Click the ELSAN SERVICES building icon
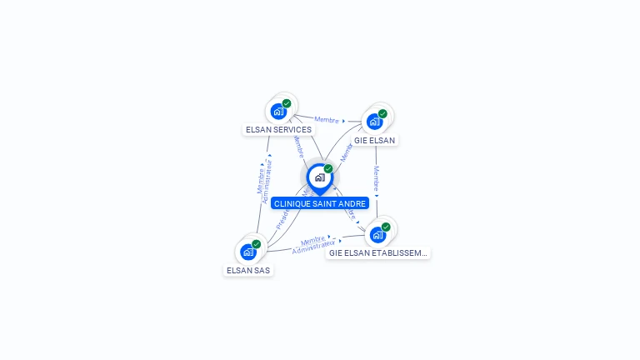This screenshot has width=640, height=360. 278,112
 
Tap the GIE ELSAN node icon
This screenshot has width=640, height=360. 374,122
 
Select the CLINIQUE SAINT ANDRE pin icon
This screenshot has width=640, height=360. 319,177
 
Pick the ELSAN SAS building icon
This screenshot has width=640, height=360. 248,252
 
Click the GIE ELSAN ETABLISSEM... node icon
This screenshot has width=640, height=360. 377,234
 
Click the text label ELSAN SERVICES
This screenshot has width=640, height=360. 278,130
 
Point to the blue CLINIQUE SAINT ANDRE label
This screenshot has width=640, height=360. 320,203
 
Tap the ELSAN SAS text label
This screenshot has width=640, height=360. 248,270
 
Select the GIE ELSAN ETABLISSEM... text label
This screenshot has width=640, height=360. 377,252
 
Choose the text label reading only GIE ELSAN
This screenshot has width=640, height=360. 374,140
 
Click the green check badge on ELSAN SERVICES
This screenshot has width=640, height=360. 287,104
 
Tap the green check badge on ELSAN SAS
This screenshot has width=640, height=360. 257,244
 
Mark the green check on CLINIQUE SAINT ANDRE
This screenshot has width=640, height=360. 328,169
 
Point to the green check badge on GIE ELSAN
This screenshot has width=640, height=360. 382,114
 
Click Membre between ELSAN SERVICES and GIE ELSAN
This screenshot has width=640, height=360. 327,120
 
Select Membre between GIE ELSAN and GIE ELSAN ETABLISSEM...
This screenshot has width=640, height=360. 377,180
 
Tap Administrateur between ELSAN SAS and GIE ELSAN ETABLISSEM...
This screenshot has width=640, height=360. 314,247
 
